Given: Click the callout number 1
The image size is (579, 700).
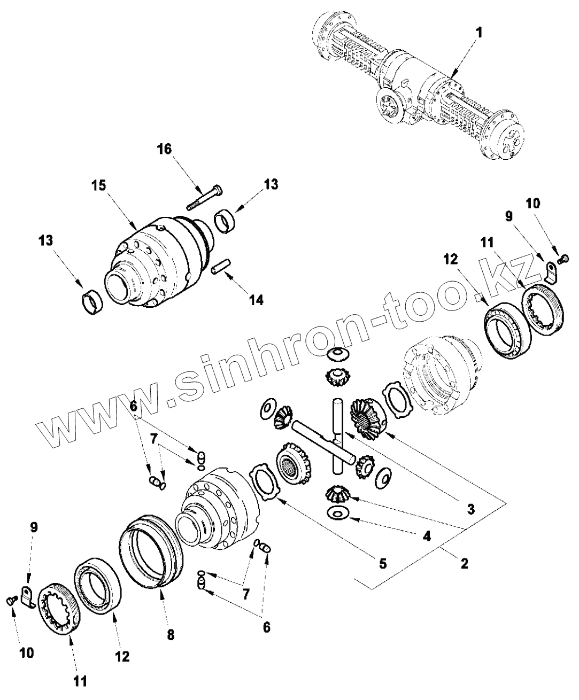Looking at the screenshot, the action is [479, 33].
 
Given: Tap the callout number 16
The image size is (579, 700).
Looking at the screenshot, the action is [164, 149].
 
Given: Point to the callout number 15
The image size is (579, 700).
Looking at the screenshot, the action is [98, 184].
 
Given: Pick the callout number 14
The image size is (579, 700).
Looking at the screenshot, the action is [256, 299].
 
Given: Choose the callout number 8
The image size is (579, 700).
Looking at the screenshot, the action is [170, 635].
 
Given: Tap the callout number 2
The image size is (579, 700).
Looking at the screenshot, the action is [464, 562].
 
